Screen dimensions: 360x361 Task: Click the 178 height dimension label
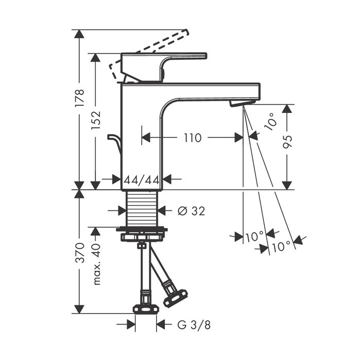[x=80, y=97]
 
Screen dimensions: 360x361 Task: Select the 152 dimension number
[x=96, y=120]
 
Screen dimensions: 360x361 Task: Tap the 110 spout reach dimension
[x=193, y=138]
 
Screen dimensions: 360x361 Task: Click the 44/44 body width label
[x=142, y=180]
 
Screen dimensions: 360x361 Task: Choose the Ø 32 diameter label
[x=191, y=211]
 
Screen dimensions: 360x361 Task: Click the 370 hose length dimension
[x=80, y=252]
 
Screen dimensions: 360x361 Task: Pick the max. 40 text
[x=96, y=264]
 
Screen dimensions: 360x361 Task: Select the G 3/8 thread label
[x=194, y=325]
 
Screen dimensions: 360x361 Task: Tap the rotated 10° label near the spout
[x=270, y=121]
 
